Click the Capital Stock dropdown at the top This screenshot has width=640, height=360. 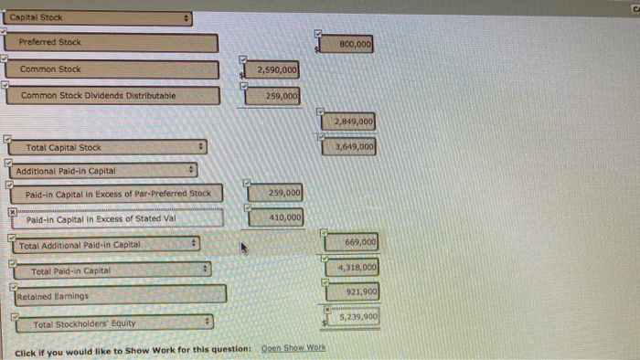click(99, 17)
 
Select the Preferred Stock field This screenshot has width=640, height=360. click(111, 43)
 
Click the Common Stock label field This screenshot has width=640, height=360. click(112, 69)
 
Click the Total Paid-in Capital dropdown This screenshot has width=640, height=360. click(116, 270)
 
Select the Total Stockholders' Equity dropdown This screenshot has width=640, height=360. click(116, 323)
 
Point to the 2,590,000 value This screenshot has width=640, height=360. click(276, 70)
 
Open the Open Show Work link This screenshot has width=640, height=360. click(293, 348)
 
